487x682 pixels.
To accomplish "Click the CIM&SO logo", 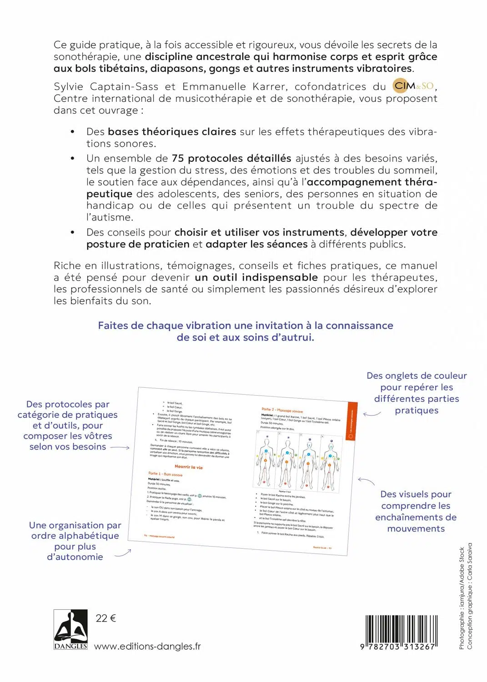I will (x=413, y=86).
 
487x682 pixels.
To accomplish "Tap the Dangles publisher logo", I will (x=70, y=629).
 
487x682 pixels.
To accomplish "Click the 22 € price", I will (x=105, y=618).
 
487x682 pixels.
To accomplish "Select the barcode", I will (x=401, y=632).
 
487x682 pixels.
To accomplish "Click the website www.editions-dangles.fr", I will (x=147, y=646).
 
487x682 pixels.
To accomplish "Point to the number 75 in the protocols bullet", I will (x=178, y=158).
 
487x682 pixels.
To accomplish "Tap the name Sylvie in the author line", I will (x=69, y=86).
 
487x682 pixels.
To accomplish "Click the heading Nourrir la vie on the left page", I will (x=189, y=467).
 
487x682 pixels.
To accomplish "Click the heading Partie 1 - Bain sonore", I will (x=165, y=474).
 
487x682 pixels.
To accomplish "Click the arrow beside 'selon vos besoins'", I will (x=120, y=447).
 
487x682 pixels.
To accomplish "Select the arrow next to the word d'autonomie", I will (x=123, y=553).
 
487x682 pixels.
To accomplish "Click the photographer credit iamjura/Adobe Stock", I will (x=462, y=587).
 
